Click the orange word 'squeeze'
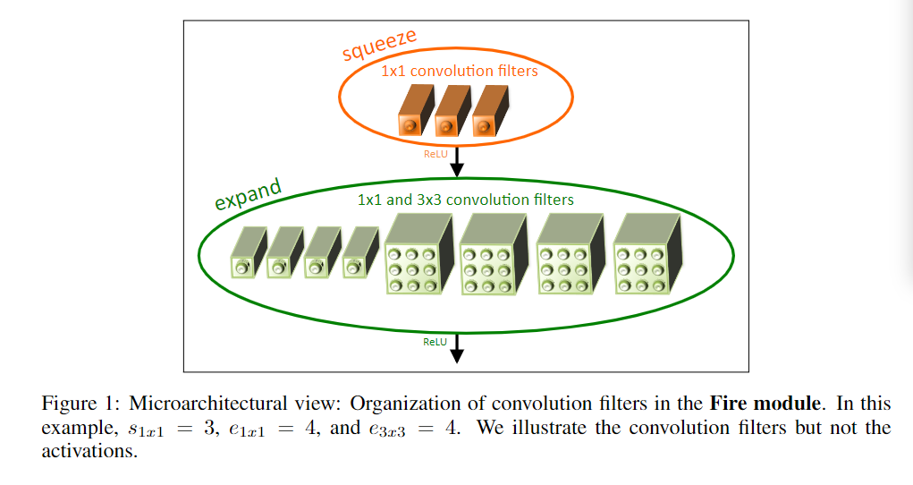379,44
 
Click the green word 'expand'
248,193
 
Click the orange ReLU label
435,153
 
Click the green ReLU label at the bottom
435,341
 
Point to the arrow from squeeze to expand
457,160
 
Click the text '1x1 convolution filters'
460,71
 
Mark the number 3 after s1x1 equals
210,428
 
